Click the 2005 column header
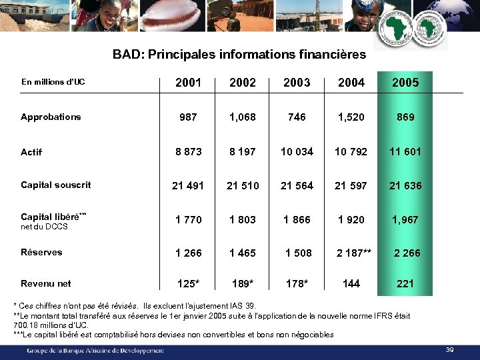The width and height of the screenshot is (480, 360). (405, 83)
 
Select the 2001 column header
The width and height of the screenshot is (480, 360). (188, 83)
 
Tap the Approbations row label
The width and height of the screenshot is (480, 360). (51, 117)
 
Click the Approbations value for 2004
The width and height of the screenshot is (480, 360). (351, 117)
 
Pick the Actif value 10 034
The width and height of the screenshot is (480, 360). (297, 151)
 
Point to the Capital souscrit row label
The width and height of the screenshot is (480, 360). (56, 185)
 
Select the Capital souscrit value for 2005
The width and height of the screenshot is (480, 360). (405, 185)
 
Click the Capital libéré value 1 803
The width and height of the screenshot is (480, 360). (242, 219)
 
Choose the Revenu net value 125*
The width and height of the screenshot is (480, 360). (188, 283)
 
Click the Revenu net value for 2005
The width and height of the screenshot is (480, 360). (405, 283)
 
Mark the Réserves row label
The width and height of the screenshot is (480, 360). (41, 252)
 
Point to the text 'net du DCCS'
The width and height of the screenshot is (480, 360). (44, 227)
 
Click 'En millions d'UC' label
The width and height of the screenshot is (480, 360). (53, 82)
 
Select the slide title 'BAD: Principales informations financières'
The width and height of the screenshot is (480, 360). (239, 54)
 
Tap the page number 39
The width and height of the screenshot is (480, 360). (449, 350)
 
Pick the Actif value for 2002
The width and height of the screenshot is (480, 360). (242, 151)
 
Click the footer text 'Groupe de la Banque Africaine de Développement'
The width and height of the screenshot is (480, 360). (95, 350)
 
